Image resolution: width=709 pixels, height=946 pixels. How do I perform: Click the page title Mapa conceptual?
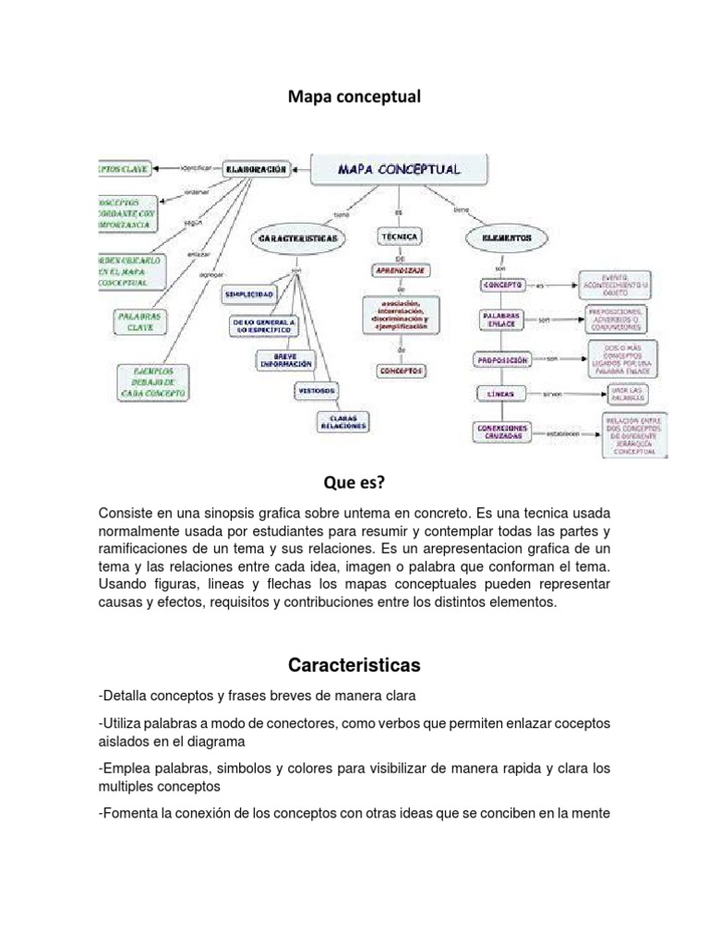[354, 96]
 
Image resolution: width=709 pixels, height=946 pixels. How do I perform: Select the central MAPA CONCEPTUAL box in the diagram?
[400, 170]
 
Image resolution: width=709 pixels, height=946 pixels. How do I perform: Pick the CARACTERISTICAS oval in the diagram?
[297, 237]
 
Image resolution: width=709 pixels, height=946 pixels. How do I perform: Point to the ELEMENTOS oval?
[507, 237]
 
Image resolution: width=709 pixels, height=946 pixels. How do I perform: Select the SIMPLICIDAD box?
[248, 293]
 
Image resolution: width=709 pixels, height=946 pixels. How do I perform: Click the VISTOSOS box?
[316, 390]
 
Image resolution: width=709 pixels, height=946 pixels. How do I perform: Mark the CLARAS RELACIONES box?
[342, 422]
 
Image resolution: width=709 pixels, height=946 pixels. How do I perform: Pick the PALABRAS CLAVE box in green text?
[140, 321]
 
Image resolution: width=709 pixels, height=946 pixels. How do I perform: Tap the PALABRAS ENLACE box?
[501, 320]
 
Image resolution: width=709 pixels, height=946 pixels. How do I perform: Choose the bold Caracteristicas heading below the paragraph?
[354, 665]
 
